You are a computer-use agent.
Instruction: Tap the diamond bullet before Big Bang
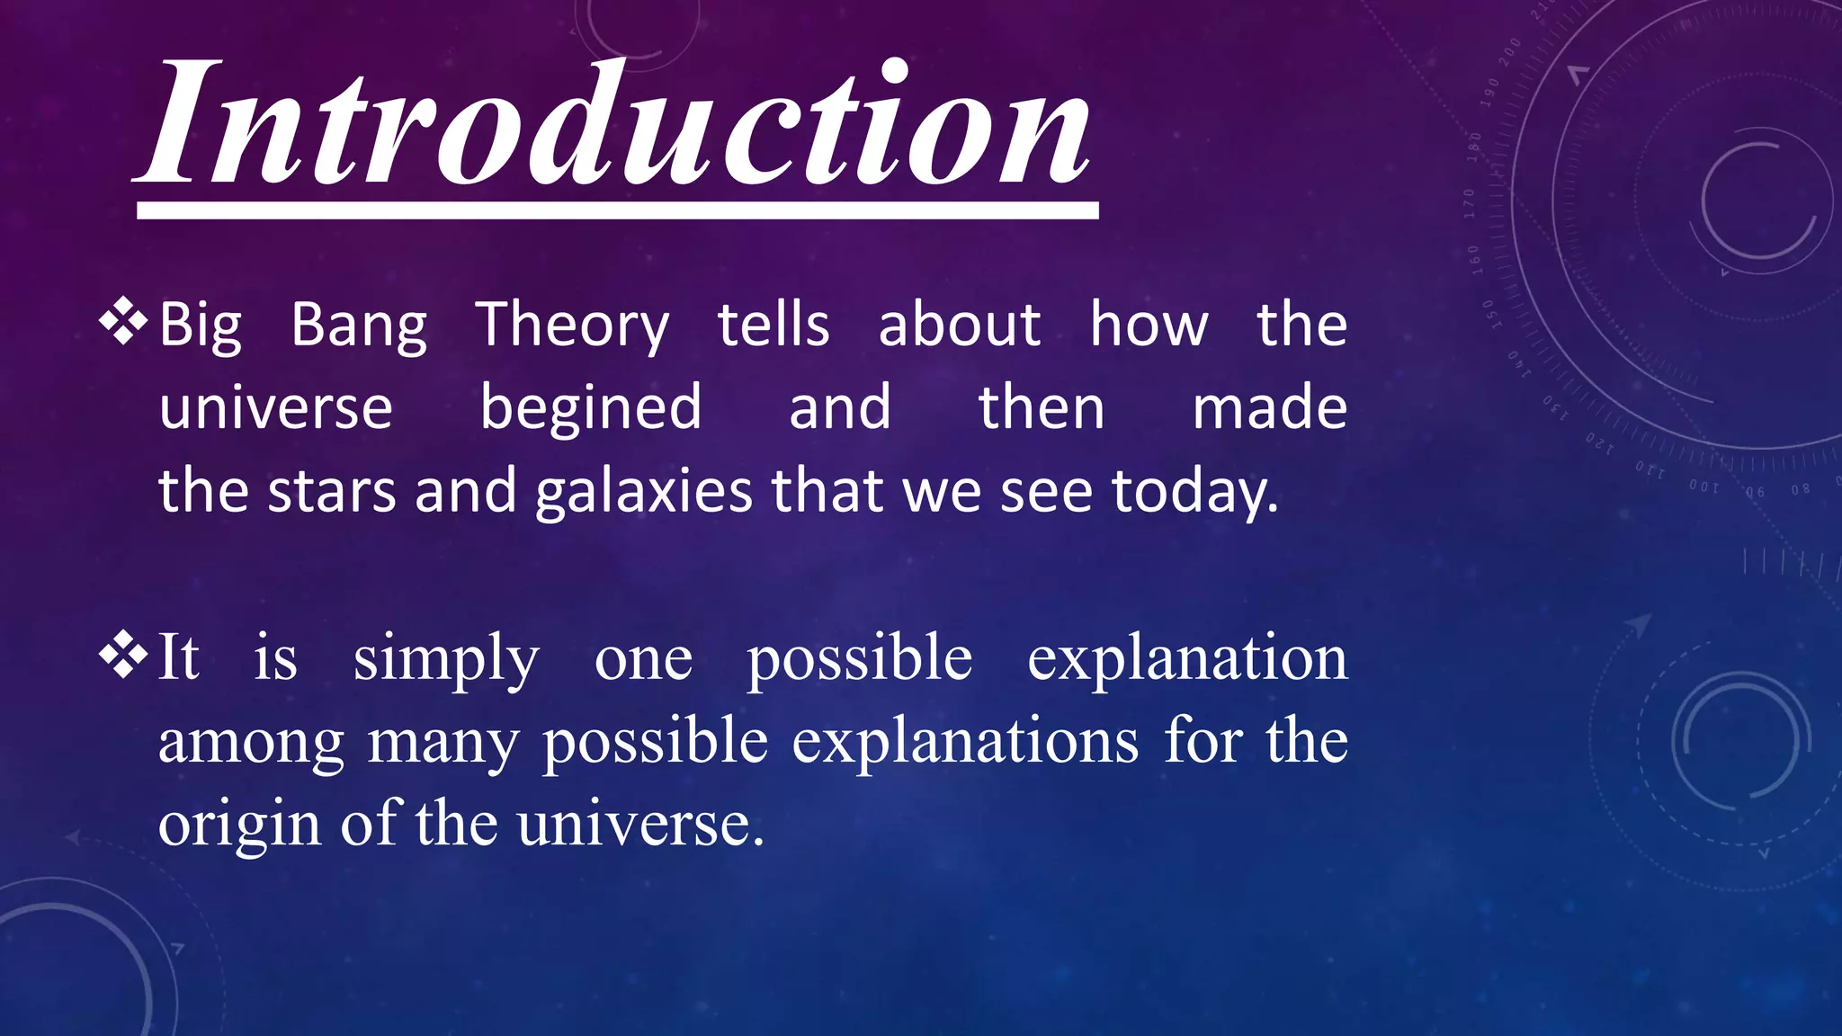pyautogui.click(x=123, y=324)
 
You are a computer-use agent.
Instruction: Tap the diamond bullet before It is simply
pyautogui.click(x=123, y=656)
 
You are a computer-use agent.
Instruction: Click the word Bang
pyautogui.click(x=359, y=326)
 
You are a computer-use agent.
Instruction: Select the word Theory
pyautogui.click(x=572, y=326)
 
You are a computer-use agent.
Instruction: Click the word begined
pyautogui.click(x=590, y=407)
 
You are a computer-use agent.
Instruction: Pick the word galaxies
pyautogui.click(x=644, y=492)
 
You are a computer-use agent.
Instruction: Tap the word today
pyautogui.click(x=1194, y=492)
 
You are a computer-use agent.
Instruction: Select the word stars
pyautogui.click(x=332, y=491)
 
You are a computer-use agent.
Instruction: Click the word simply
pyautogui.click(x=446, y=659)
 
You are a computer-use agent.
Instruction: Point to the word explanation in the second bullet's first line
pyautogui.click(x=1187, y=659)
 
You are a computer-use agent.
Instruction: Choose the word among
pyautogui.click(x=251, y=743)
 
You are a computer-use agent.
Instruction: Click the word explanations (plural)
pyautogui.click(x=965, y=743)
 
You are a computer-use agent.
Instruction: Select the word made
pyautogui.click(x=1269, y=407)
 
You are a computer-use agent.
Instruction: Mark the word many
pyautogui.click(x=443, y=743)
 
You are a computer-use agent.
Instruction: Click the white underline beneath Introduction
pyautogui.click(x=618, y=210)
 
